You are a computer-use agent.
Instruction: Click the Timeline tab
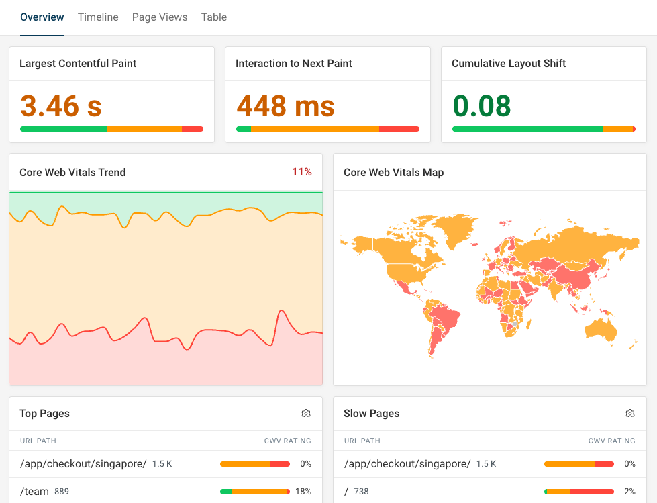(x=98, y=17)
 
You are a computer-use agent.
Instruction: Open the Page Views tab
(x=160, y=17)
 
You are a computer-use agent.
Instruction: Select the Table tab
(x=214, y=17)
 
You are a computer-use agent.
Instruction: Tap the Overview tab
(x=42, y=17)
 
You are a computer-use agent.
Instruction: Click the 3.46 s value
(x=61, y=106)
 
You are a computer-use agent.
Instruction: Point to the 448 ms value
(x=286, y=106)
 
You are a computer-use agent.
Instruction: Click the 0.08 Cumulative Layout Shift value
(x=482, y=106)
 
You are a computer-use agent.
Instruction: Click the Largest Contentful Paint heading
(x=78, y=64)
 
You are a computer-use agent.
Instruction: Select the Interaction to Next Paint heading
(x=294, y=64)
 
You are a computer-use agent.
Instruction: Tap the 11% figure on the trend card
(x=302, y=172)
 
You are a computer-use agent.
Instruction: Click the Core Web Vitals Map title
(x=394, y=173)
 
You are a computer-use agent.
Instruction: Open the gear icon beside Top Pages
(x=306, y=414)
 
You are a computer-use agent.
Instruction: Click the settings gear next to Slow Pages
(x=630, y=414)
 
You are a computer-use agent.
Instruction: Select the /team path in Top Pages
(x=34, y=491)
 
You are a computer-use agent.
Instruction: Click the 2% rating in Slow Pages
(x=629, y=491)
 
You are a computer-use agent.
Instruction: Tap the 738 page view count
(x=362, y=492)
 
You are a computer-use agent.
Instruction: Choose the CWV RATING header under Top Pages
(x=288, y=441)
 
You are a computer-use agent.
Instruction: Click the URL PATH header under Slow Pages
(x=362, y=441)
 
